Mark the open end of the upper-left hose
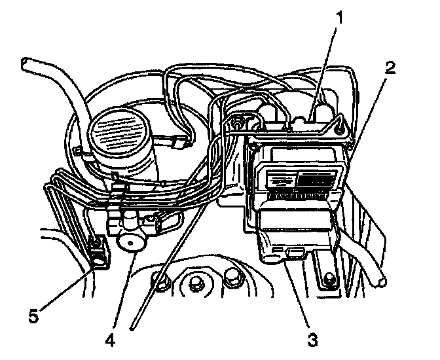[26, 63]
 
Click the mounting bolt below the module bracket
[328, 282]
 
